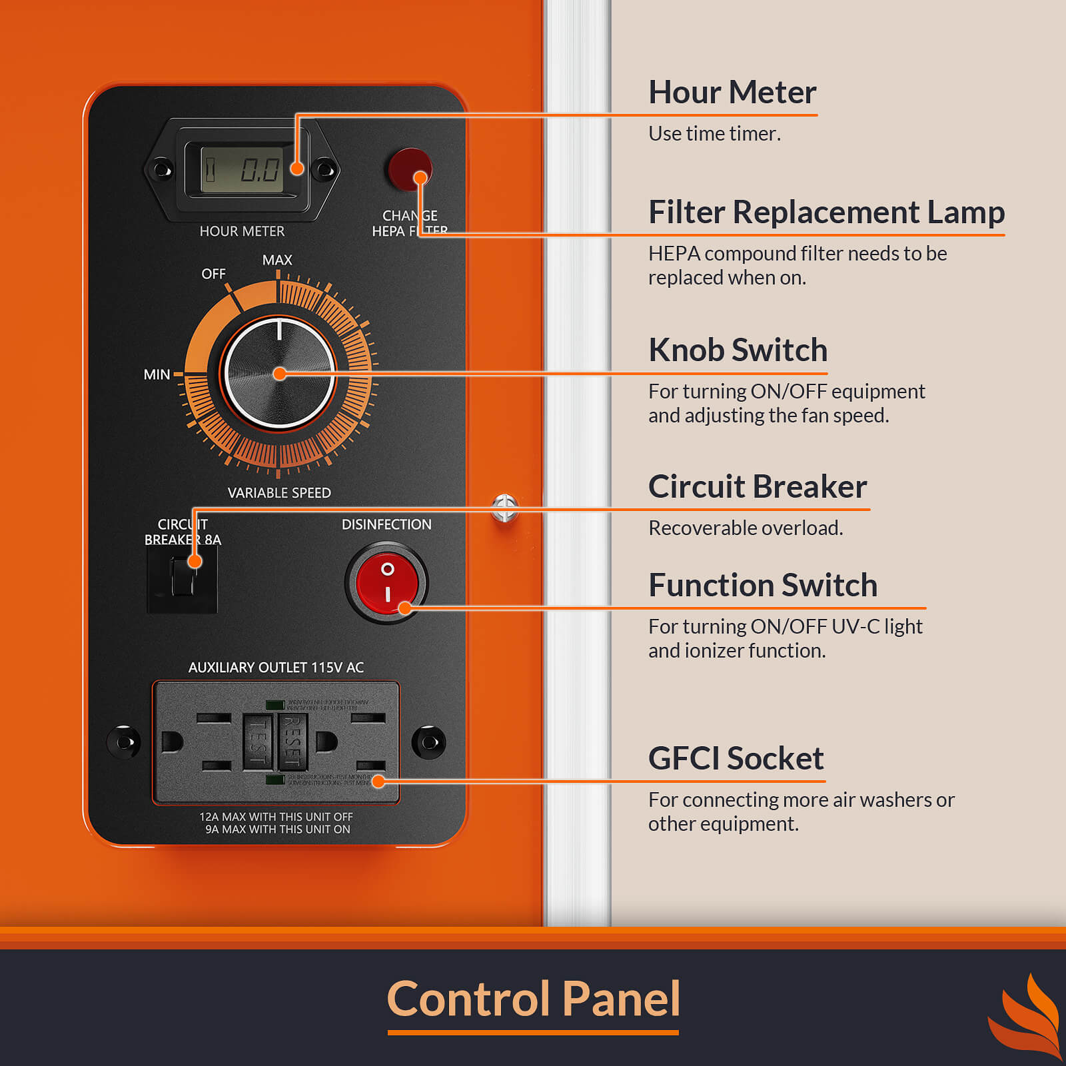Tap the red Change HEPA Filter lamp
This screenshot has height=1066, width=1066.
click(x=409, y=169)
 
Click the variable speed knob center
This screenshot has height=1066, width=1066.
click(x=279, y=374)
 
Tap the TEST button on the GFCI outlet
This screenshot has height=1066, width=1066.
click(x=257, y=742)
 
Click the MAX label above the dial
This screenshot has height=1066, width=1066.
click(x=277, y=260)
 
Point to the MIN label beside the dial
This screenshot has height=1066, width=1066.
click(x=157, y=374)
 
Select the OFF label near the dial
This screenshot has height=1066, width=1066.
click(x=213, y=274)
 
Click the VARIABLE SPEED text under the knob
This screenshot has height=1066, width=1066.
click(x=279, y=493)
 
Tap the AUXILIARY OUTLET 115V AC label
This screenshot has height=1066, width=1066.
click(x=276, y=668)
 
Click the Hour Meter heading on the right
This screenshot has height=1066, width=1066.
click(x=732, y=92)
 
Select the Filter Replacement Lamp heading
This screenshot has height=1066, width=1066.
click(x=826, y=213)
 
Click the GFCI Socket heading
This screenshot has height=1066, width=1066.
click(x=736, y=758)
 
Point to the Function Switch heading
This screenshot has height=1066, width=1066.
click(x=763, y=585)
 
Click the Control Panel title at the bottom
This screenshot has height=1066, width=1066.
click(x=533, y=999)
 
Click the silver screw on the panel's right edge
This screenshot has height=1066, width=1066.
click(x=505, y=508)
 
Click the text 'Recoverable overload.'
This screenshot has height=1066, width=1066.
click(x=746, y=528)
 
